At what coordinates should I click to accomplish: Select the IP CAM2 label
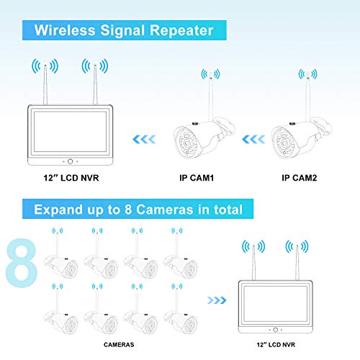297,177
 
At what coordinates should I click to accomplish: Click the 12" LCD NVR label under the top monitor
66,177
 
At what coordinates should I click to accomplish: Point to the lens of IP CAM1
179,144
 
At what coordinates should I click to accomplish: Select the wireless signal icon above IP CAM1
211,75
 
